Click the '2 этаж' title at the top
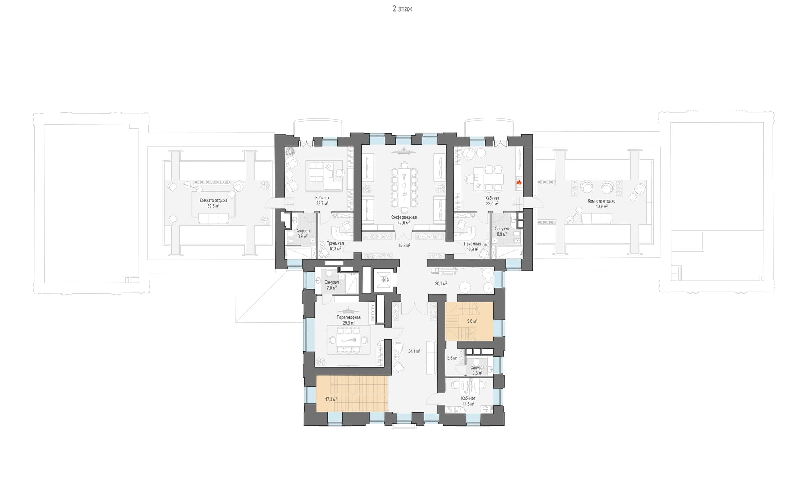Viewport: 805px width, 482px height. coord(402,9)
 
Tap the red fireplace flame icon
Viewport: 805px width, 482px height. coord(519,182)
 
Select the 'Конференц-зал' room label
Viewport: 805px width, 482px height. coord(404,217)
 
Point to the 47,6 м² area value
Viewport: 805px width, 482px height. coord(404,223)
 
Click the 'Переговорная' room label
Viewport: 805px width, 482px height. coord(349,317)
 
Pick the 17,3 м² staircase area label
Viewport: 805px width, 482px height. coord(331,399)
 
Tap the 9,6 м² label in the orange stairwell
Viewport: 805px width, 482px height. coord(472,321)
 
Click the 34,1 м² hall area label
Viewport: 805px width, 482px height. coord(414,351)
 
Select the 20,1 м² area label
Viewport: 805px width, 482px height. coord(441,283)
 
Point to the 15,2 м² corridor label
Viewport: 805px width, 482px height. coord(404,245)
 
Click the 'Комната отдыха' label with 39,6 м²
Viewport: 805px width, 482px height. coord(213,201)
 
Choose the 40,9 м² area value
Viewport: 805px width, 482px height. coord(602,206)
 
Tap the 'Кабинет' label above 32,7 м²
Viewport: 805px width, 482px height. coord(322,198)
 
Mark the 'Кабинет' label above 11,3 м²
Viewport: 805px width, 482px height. coord(468,398)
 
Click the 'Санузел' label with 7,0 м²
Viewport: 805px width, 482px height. coord(332,282)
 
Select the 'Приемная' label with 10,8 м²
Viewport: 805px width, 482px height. coord(335,243)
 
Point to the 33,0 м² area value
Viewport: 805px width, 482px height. coord(492,204)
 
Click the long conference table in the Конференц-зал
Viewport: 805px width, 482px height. coord(404,188)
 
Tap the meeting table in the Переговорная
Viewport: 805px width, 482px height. coord(349,340)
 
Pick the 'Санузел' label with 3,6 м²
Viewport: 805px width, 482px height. coord(478,368)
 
